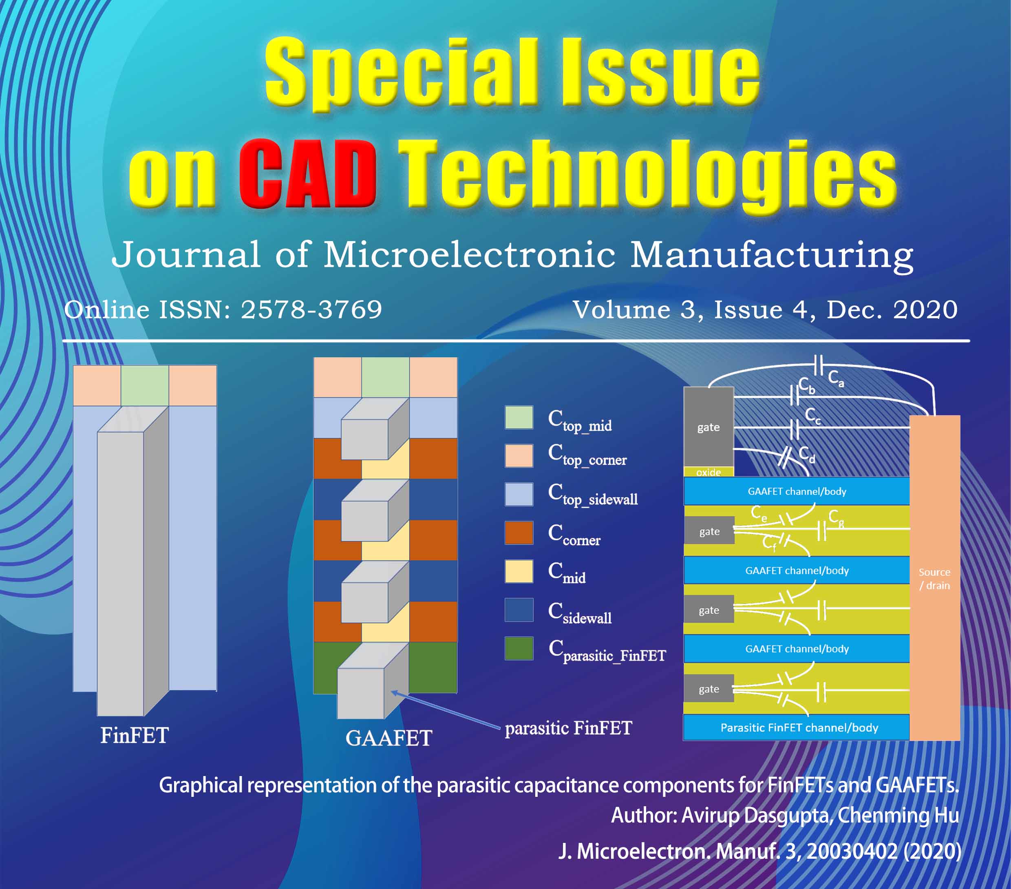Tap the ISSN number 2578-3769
coord(311,310)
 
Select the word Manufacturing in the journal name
coord(772,255)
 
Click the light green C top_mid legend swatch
coord(519,417)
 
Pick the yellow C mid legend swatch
coord(519,571)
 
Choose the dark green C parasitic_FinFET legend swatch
coord(519,648)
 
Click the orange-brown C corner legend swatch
coord(519,533)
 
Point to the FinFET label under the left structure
coord(135,736)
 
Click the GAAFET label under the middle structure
coord(389,738)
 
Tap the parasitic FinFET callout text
coord(568,728)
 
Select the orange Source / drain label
coord(934,579)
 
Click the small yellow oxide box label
coord(708,472)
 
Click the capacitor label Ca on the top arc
coord(836,378)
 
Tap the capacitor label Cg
coord(836,518)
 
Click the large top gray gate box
coord(708,427)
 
